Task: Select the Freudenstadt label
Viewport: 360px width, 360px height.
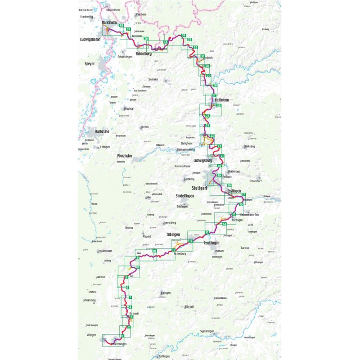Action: [104, 251]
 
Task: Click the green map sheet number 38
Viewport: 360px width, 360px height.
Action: [121, 26]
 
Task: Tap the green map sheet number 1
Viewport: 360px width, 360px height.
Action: [121, 335]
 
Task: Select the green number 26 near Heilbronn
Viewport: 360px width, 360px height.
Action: [219, 106]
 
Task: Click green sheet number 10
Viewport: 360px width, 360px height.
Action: [154, 251]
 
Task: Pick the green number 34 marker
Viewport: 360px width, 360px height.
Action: [184, 36]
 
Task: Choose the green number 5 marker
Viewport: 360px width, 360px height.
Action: [130, 297]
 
